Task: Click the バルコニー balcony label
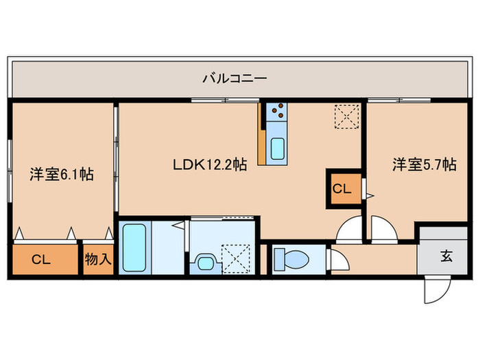click(x=234, y=78)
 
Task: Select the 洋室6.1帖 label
click(x=61, y=173)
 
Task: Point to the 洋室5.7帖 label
click(x=424, y=165)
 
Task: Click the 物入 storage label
click(x=98, y=259)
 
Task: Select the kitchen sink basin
click(x=280, y=149)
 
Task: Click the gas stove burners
click(x=278, y=111)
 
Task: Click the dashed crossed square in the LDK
click(x=346, y=116)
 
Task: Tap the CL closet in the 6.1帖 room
click(x=42, y=259)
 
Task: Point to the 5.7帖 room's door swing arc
click(x=381, y=228)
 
